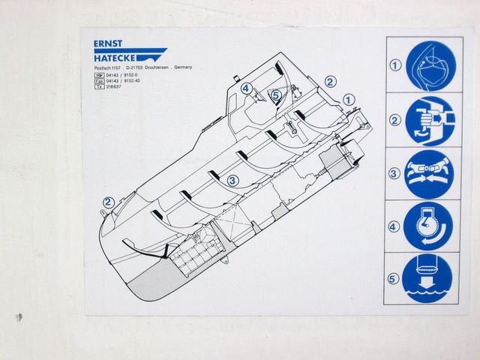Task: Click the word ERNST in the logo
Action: point(109,44)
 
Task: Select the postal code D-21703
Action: point(136,68)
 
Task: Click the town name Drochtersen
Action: point(169,68)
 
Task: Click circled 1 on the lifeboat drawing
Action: point(348,98)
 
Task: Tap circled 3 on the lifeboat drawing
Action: point(233,180)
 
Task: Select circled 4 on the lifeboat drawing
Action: point(246,88)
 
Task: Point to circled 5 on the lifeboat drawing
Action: point(276,95)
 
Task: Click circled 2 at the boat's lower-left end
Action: point(108,201)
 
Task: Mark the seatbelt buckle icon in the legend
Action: point(430,172)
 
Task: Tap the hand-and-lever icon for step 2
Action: point(430,120)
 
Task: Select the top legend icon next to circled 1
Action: point(430,66)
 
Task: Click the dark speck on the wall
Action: point(19,317)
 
